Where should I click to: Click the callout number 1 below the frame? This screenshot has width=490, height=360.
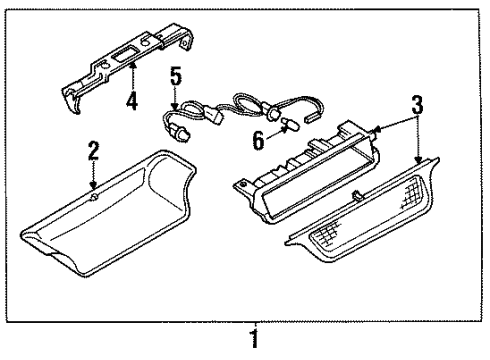click(x=254, y=339)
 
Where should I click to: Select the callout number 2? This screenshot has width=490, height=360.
click(x=93, y=150)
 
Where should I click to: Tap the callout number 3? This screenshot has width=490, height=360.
click(x=417, y=104)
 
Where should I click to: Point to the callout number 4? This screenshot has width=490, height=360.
click(x=132, y=101)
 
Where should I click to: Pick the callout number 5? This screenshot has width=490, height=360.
click(x=176, y=75)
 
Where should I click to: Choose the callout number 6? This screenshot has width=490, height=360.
click(x=259, y=140)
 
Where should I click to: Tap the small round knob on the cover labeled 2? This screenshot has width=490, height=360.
click(x=94, y=197)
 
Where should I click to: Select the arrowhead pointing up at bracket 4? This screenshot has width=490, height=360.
click(x=133, y=65)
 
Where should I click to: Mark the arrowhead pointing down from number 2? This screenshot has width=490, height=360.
click(x=94, y=184)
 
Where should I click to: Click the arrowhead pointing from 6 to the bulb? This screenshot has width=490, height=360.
click(x=284, y=129)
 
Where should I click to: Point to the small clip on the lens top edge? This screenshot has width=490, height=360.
click(x=356, y=196)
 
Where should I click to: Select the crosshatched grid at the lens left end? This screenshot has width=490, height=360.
click(x=327, y=232)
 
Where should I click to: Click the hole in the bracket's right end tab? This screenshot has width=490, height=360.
click(x=184, y=44)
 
